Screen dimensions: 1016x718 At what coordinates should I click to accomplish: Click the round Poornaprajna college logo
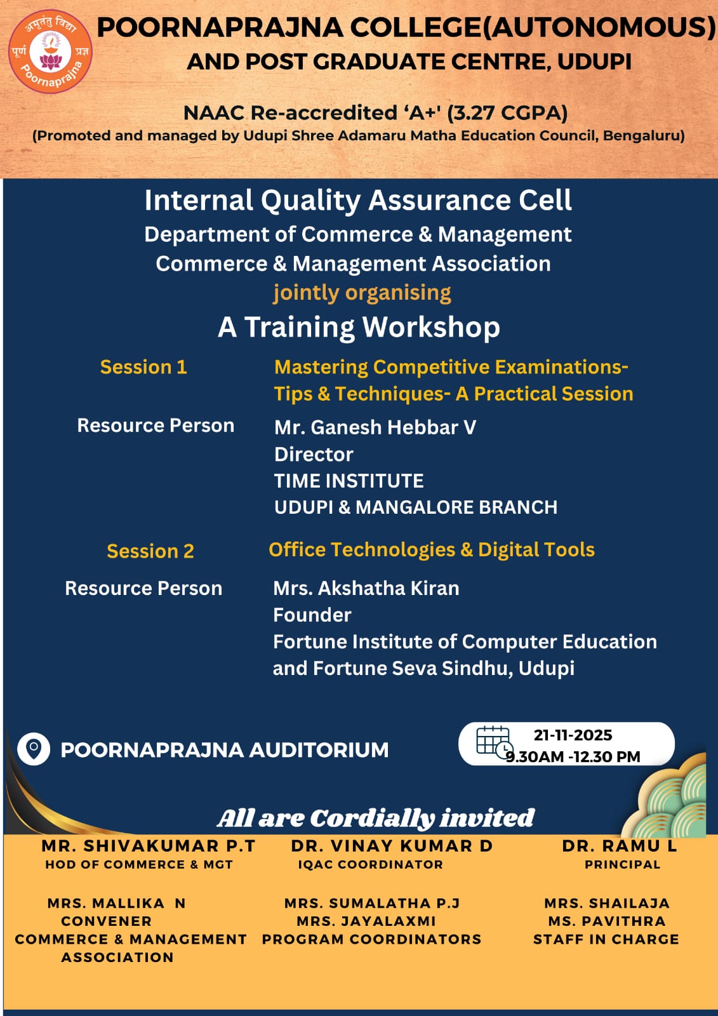click(x=50, y=51)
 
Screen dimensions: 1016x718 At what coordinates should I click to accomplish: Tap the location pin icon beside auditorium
click(x=34, y=749)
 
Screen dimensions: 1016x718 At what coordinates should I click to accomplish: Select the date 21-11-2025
click(x=573, y=735)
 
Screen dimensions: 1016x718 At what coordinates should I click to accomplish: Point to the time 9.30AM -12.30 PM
click(x=573, y=756)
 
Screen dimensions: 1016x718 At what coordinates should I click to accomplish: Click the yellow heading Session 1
click(x=143, y=367)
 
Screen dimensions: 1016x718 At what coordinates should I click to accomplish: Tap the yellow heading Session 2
click(x=150, y=551)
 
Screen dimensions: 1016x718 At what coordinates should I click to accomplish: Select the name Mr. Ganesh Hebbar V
click(x=375, y=427)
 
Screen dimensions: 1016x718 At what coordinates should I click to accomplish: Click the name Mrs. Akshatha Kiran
click(x=366, y=588)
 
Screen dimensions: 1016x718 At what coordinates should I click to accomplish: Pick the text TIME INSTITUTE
click(x=349, y=481)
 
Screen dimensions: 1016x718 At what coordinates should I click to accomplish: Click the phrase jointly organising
click(x=362, y=292)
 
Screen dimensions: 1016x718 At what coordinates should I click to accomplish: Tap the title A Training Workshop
click(x=359, y=327)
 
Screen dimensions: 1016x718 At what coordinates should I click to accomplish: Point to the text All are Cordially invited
click(x=375, y=818)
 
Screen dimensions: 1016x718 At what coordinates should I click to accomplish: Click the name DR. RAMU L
click(x=620, y=846)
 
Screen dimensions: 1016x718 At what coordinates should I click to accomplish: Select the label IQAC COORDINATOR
click(x=370, y=864)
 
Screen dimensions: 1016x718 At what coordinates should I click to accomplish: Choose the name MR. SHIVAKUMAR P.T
click(x=148, y=846)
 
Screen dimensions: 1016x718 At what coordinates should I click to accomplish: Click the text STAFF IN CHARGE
click(x=606, y=939)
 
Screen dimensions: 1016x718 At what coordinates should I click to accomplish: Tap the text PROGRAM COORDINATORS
click(x=371, y=939)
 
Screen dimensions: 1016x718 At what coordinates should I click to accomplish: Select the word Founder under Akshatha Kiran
click(x=312, y=615)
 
